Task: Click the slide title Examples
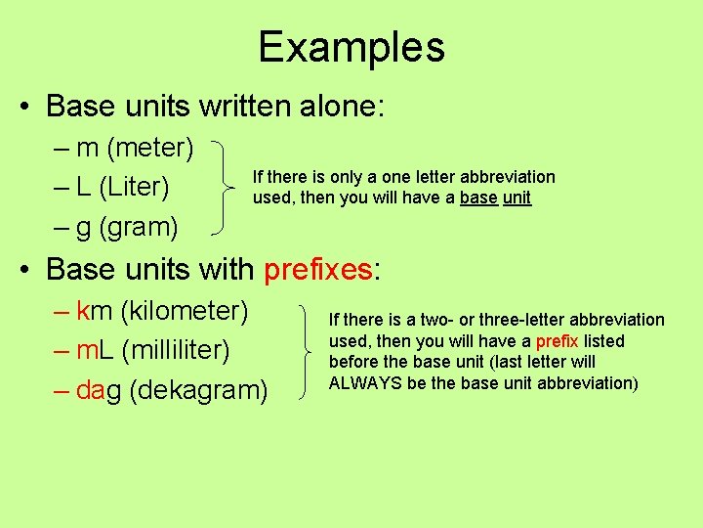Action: pyautogui.click(x=351, y=47)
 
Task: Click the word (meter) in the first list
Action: pyautogui.click(x=149, y=148)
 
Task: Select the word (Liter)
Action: pyautogui.click(x=135, y=186)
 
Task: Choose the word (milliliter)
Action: pyautogui.click(x=177, y=349)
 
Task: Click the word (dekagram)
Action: pyautogui.click(x=198, y=389)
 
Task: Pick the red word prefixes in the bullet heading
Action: pyautogui.click(x=317, y=268)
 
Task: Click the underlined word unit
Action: pyautogui.click(x=516, y=198)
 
